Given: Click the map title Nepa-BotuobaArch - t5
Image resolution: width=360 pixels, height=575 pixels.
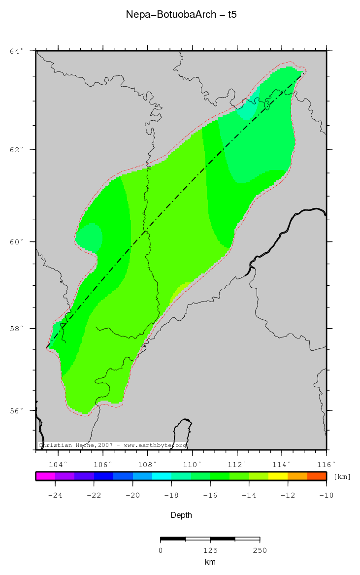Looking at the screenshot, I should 181,15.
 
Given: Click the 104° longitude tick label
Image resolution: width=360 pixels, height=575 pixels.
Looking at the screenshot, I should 58,464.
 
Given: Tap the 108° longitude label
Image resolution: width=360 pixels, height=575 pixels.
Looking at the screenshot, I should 147,464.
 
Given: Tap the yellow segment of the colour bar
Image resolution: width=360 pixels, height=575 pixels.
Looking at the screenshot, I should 278,476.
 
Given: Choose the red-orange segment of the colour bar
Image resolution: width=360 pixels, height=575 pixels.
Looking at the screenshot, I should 317,476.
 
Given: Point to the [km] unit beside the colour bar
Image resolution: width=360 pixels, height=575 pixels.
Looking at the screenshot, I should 342,477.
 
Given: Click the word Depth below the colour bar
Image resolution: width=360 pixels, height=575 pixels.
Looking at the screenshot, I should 181,515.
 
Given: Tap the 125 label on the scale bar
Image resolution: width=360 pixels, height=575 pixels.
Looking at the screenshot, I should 210,550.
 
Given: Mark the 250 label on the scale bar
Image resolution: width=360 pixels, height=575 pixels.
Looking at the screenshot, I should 260,550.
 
